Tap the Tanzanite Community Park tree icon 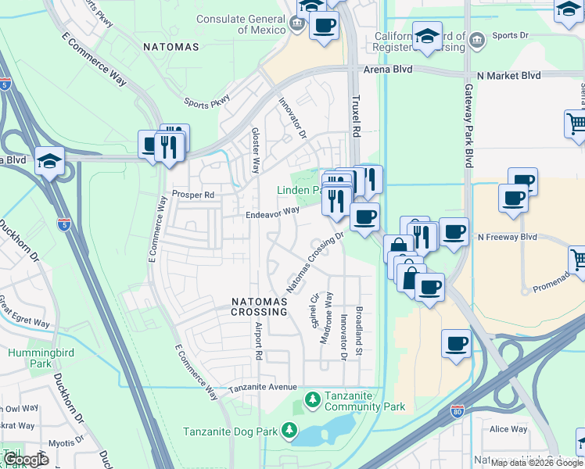tap(312, 400)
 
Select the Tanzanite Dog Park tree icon tap(289, 431)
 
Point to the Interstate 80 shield tap(458, 410)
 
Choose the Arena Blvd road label tap(382, 70)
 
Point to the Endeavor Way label tap(272, 210)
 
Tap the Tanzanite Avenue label tap(262, 388)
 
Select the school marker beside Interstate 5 tap(49, 161)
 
